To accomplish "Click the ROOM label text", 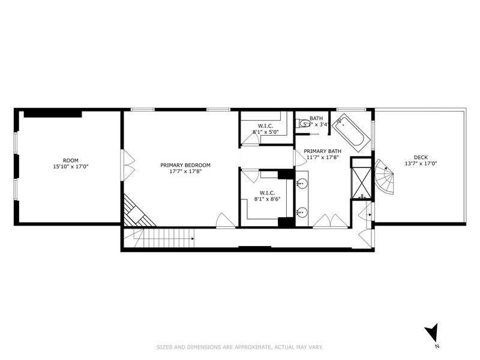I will pos(71,160).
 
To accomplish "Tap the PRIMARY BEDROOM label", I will pos(185,164).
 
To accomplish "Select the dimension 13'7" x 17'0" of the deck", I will pos(419,163).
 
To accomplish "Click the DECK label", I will pos(419,157).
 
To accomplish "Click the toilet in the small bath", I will pos(300,124).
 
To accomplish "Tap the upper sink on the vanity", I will pos(302,182).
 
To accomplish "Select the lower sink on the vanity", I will pos(302,211).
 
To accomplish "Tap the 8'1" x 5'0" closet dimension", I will pos(265,131).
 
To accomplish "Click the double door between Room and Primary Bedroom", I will pos(127,164).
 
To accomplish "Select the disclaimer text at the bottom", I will pos(239,346).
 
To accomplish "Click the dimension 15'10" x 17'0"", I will pos(71,167).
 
